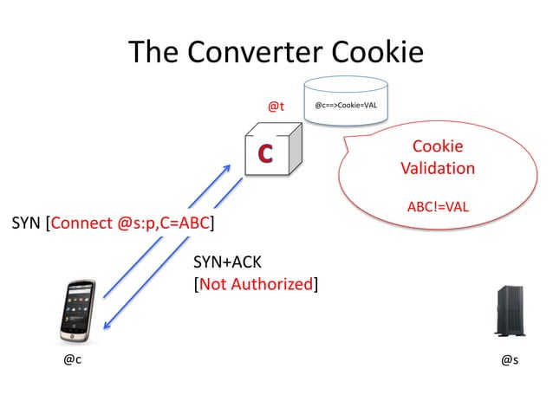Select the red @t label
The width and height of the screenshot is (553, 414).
click(x=276, y=107)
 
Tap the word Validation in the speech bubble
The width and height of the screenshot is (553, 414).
click(x=438, y=168)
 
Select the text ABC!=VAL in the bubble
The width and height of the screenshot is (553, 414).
click(x=438, y=208)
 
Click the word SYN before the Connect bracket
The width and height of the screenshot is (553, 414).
click(x=27, y=225)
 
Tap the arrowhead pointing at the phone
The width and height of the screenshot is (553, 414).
click(x=107, y=326)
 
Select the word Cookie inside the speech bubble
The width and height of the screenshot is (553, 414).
click(x=438, y=146)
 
